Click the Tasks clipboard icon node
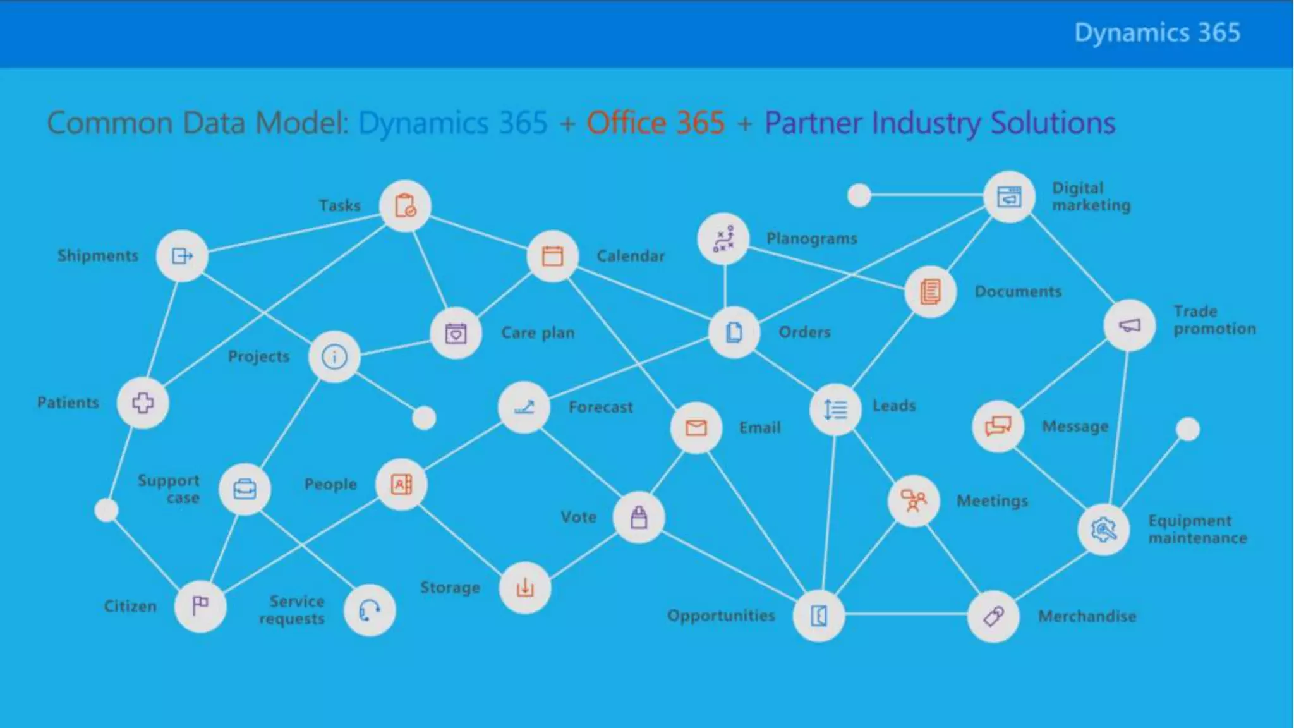pyautogui.click(x=405, y=206)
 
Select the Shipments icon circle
pyautogui.click(x=182, y=256)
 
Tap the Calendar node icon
pyautogui.click(x=553, y=256)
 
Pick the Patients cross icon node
pyautogui.click(x=143, y=403)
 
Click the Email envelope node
pyautogui.click(x=696, y=428)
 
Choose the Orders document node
pyautogui.click(x=734, y=332)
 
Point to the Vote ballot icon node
pyautogui.click(x=639, y=518)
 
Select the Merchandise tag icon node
pyautogui.click(x=993, y=616)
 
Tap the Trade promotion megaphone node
pyautogui.click(x=1130, y=325)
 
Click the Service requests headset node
pyautogui.click(x=370, y=610)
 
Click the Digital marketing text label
pyautogui.click(x=1091, y=197)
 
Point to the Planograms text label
pyautogui.click(x=812, y=239)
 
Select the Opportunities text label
pyautogui.click(x=721, y=616)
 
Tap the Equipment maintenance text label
pyautogui.click(x=1197, y=529)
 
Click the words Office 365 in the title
pyautogui.click(x=655, y=123)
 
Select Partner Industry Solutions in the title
pyautogui.click(x=940, y=123)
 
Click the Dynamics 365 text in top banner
pyautogui.click(x=1157, y=33)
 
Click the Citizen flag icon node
pyautogui.click(x=200, y=605)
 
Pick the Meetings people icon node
pyautogui.click(x=914, y=501)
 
